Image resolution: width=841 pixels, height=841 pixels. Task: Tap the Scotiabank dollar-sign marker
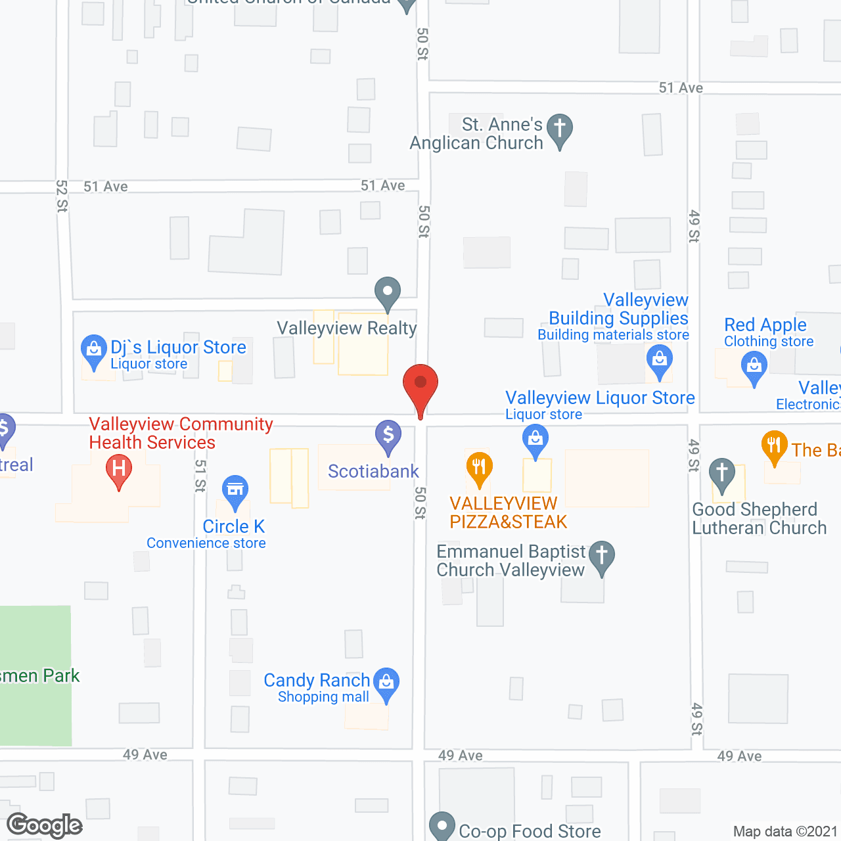[388, 435]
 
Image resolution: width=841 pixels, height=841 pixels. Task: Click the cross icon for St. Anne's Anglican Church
[559, 129]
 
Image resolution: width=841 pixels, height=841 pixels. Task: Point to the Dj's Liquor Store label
[178, 348]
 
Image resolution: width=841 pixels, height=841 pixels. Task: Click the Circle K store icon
[235, 490]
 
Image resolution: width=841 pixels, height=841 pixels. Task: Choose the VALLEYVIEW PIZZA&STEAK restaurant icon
[479, 467]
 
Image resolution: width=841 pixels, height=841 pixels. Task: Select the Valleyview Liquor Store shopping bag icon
[535, 438]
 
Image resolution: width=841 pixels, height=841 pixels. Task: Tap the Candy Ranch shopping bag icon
[386, 683]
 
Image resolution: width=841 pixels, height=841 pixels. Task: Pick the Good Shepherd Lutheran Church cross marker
[722, 473]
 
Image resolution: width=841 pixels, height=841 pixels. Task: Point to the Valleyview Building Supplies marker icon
[659, 360]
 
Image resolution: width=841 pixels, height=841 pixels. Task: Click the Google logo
[45, 826]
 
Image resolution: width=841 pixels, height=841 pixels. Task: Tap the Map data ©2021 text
[784, 832]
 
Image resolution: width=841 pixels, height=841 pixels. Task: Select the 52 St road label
[62, 196]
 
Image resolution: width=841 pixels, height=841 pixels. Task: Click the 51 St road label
[200, 475]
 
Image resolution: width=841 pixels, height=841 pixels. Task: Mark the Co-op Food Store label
[530, 831]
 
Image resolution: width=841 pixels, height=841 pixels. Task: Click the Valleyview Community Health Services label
[181, 433]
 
